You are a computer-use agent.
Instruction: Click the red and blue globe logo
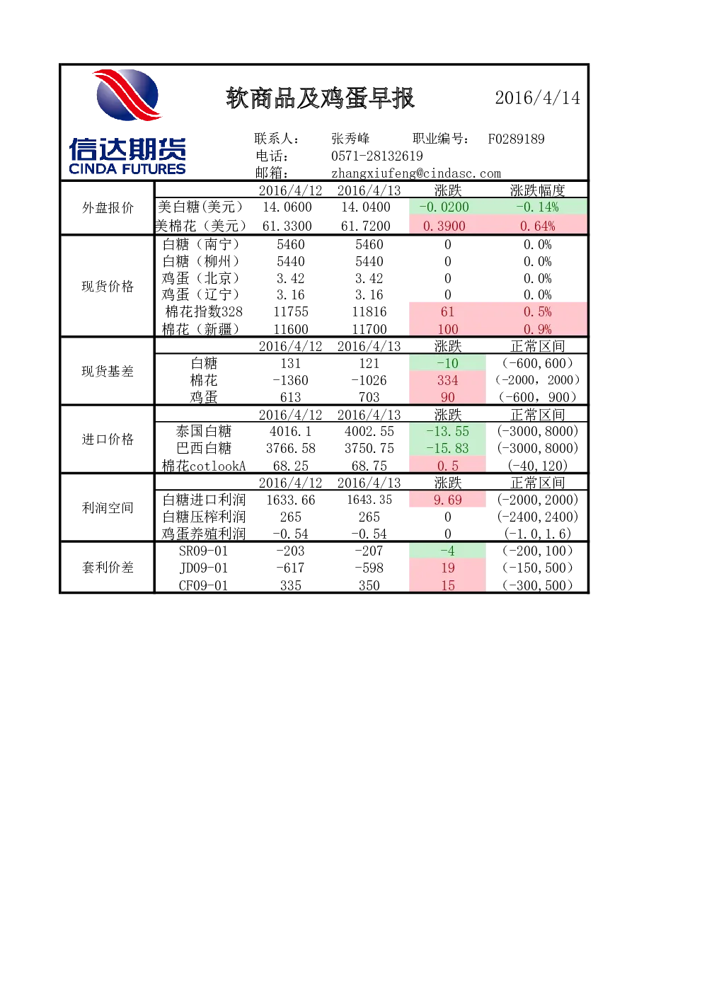[127, 95]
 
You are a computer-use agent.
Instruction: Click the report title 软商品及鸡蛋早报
[320, 98]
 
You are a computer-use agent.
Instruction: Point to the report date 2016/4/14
[537, 98]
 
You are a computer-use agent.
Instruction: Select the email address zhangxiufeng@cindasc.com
[415, 173]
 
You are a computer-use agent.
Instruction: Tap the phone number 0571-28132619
[376, 156]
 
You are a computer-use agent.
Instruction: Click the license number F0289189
[516, 139]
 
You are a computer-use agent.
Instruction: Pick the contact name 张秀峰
[350, 139]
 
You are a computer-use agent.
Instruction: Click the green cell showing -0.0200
[448, 207]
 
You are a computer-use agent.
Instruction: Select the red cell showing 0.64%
[537, 226]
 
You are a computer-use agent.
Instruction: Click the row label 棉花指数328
[204, 311]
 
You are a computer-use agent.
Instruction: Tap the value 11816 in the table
[369, 311]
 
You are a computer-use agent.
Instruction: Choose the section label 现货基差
[108, 371]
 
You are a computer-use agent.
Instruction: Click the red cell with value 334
[448, 380]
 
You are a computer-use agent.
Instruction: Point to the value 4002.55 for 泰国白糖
[369, 431]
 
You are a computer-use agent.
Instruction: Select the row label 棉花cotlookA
[204, 466]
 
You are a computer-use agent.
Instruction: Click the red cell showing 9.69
[448, 500]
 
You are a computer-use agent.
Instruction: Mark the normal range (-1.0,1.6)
[537, 533]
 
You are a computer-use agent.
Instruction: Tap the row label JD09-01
[203, 568]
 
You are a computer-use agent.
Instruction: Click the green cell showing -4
[448, 551]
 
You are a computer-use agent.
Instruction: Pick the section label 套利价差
[108, 568]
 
